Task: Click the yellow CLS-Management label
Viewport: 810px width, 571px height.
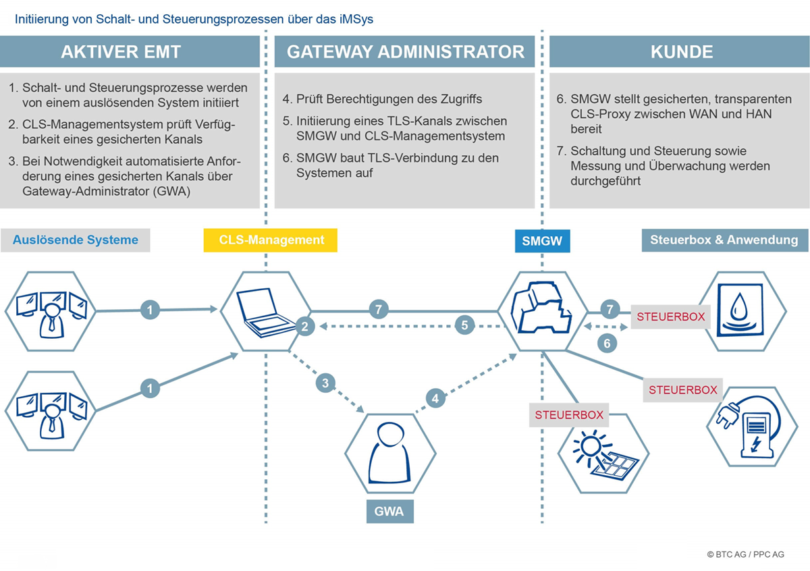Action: point(271,240)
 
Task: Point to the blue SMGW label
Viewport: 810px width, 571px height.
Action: point(543,241)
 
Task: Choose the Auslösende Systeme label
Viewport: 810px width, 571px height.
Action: point(75,240)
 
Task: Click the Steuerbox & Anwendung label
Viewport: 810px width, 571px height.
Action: point(725,240)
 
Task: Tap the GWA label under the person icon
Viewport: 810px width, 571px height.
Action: point(390,512)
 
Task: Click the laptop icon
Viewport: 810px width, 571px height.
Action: point(266,312)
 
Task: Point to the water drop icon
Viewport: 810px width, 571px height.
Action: point(740,310)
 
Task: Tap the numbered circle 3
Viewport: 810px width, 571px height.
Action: point(325,383)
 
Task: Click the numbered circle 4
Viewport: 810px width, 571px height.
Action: point(435,398)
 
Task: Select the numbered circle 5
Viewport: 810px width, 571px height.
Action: point(464,325)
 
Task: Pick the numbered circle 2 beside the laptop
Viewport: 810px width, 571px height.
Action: point(305,327)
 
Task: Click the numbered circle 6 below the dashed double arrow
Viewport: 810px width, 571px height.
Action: point(607,343)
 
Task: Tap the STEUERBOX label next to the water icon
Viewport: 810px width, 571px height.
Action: point(671,317)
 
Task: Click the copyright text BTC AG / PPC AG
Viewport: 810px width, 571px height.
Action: point(746,554)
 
